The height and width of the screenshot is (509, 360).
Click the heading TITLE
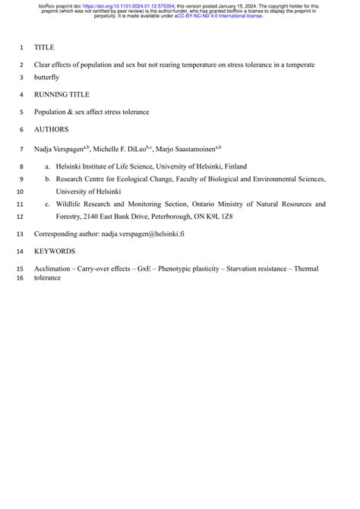(x=44, y=47)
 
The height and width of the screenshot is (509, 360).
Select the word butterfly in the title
(x=46, y=77)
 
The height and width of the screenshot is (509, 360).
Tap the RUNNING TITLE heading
(x=62, y=94)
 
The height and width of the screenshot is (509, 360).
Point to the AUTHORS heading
(x=51, y=129)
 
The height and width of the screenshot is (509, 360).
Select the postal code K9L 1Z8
(x=219, y=217)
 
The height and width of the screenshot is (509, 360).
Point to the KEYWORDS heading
(x=55, y=251)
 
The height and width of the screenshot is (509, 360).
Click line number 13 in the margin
(x=20, y=234)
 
